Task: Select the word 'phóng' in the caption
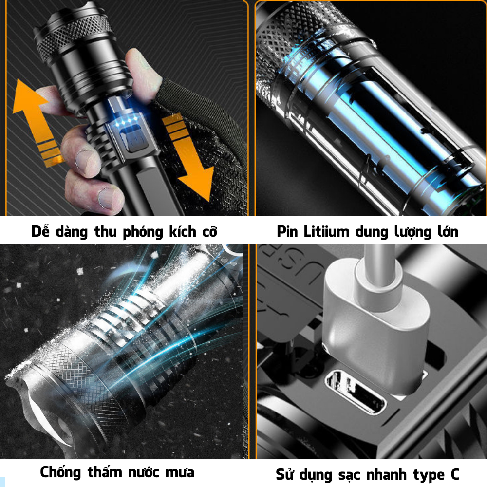tap(143, 232)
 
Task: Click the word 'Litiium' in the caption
tap(326, 231)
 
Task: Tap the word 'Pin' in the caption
tap(287, 231)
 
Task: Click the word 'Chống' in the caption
tap(60, 472)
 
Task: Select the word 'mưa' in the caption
tap(180, 473)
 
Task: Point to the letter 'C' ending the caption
tap(455, 474)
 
